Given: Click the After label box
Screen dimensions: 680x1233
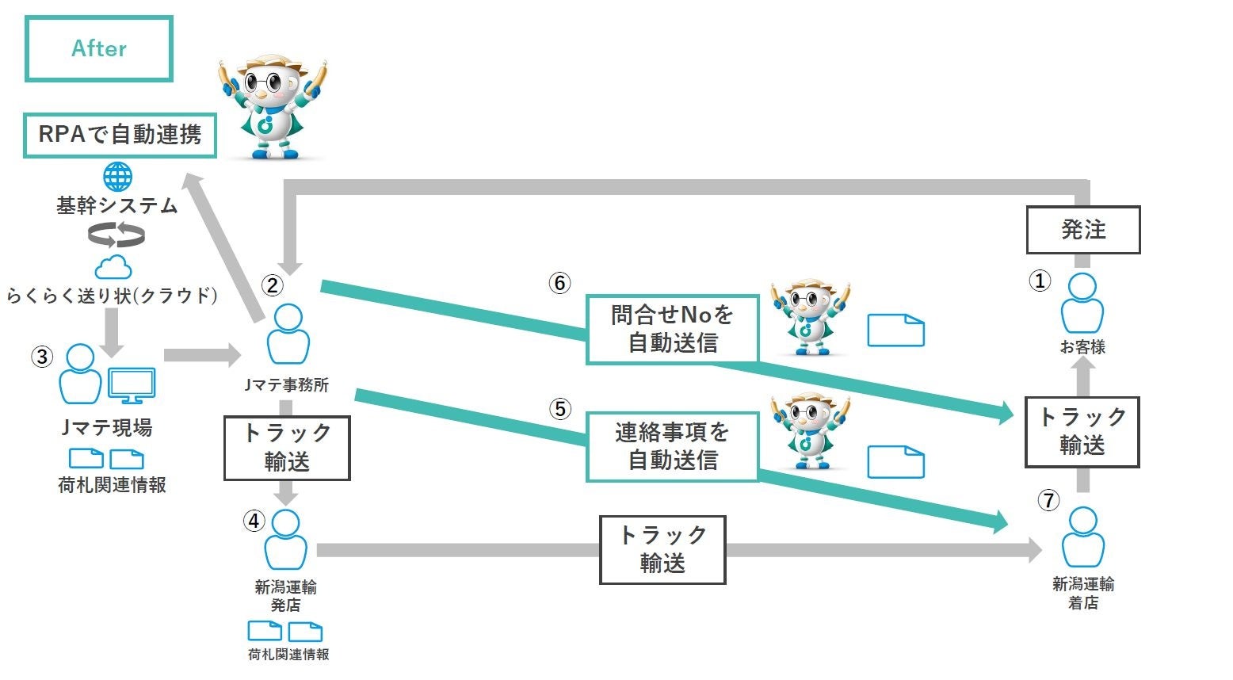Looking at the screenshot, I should pyautogui.click(x=99, y=49).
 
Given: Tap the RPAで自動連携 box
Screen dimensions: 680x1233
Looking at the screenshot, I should pyautogui.click(x=120, y=135).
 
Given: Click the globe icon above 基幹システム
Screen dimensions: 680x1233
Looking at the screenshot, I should pyautogui.click(x=117, y=177).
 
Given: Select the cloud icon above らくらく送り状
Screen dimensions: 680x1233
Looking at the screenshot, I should pyautogui.click(x=113, y=266).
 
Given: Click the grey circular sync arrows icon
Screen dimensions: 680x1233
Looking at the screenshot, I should pyautogui.click(x=116, y=235).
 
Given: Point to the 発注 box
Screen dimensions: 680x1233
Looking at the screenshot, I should pyautogui.click(x=1082, y=230).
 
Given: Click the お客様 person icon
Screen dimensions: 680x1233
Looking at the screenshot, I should pyautogui.click(x=1082, y=304).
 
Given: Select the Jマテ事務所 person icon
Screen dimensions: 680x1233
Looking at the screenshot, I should pyautogui.click(x=287, y=335).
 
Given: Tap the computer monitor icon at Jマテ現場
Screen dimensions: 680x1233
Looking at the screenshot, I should pyautogui.click(x=132, y=385).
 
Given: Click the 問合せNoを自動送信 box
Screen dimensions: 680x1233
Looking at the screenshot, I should pyautogui.click(x=672, y=329).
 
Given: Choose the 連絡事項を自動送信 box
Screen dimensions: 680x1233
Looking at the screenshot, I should pyautogui.click(x=672, y=446).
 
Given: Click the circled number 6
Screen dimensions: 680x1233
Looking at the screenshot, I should pyautogui.click(x=559, y=283).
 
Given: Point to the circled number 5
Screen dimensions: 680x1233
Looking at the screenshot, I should pyautogui.click(x=559, y=409).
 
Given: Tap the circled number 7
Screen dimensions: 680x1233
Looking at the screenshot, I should pyautogui.click(x=1048, y=501).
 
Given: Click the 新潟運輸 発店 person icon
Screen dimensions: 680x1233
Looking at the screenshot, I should pyautogui.click(x=285, y=541).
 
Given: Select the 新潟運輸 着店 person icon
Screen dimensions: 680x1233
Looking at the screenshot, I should pyautogui.click(x=1082, y=537).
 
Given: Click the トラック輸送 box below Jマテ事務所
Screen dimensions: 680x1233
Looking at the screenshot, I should pyautogui.click(x=287, y=448).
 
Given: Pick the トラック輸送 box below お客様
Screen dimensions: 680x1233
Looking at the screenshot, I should pyautogui.click(x=1082, y=432).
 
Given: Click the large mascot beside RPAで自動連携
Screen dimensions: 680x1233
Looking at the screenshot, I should pyautogui.click(x=273, y=107).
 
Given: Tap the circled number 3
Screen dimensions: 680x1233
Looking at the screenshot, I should pyautogui.click(x=42, y=357).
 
